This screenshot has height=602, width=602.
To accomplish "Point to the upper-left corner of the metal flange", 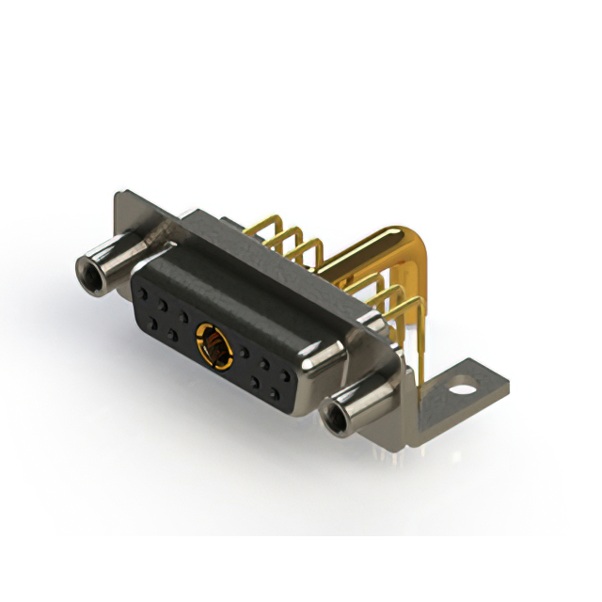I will pos(120,200).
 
